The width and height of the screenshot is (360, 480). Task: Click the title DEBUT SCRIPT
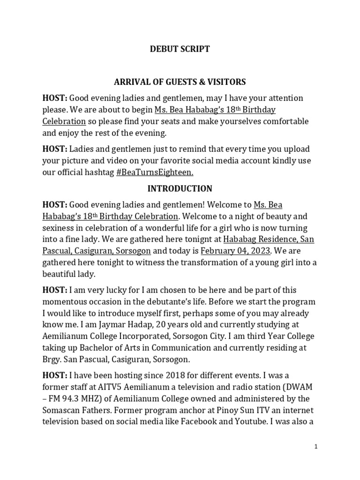click(x=180, y=49)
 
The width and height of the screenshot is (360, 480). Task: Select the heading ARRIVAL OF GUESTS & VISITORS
click(x=180, y=82)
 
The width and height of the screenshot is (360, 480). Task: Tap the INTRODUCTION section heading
click(x=180, y=189)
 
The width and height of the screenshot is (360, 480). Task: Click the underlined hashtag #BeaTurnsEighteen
click(x=155, y=172)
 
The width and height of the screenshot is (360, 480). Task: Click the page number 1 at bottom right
click(x=316, y=447)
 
